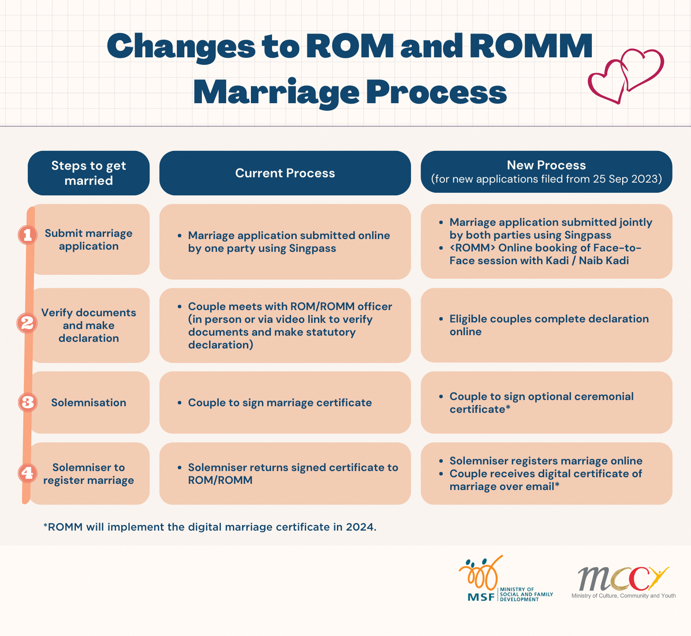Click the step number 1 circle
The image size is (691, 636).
[x=27, y=235]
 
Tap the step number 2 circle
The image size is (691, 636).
[x=27, y=323]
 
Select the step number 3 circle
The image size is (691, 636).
[x=27, y=402]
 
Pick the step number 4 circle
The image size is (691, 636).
[x=27, y=473]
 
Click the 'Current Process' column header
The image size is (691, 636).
[x=285, y=173]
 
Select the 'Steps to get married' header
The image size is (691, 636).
[x=89, y=173]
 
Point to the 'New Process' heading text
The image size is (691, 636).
[x=546, y=165]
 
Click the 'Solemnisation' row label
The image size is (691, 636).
[x=89, y=402]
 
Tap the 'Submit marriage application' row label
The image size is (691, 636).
[x=89, y=239]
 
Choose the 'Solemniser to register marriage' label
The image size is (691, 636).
[x=89, y=474]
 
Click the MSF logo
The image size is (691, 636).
[x=505, y=579]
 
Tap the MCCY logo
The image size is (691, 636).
[x=624, y=582]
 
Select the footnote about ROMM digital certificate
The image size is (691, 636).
[x=210, y=527]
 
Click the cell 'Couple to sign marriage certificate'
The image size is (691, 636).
[x=280, y=403]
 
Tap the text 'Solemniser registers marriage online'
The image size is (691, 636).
[x=546, y=461]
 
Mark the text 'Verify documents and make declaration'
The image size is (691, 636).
[x=89, y=325]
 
